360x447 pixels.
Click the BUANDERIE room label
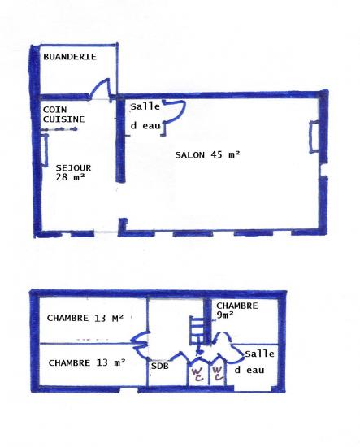[x=70, y=56]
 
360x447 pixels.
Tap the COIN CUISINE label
[x=63, y=115]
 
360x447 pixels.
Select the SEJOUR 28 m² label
[x=73, y=172]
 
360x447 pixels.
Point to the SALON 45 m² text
[x=207, y=154]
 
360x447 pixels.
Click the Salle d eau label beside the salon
[x=145, y=116]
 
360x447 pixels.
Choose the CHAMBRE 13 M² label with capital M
[x=85, y=318]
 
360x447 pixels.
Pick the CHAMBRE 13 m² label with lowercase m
[x=87, y=362]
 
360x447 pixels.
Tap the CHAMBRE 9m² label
[x=237, y=310]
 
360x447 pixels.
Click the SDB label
[x=160, y=366]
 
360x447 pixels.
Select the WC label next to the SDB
[x=197, y=375]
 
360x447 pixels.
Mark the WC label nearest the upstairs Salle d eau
[x=218, y=374]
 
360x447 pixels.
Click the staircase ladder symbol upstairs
[x=197, y=331]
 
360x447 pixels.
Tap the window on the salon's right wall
[x=314, y=137]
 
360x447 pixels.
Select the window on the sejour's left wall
[x=45, y=150]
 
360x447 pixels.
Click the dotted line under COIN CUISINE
[x=59, y=130]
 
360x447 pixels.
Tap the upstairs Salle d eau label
[x=254, y=362]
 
